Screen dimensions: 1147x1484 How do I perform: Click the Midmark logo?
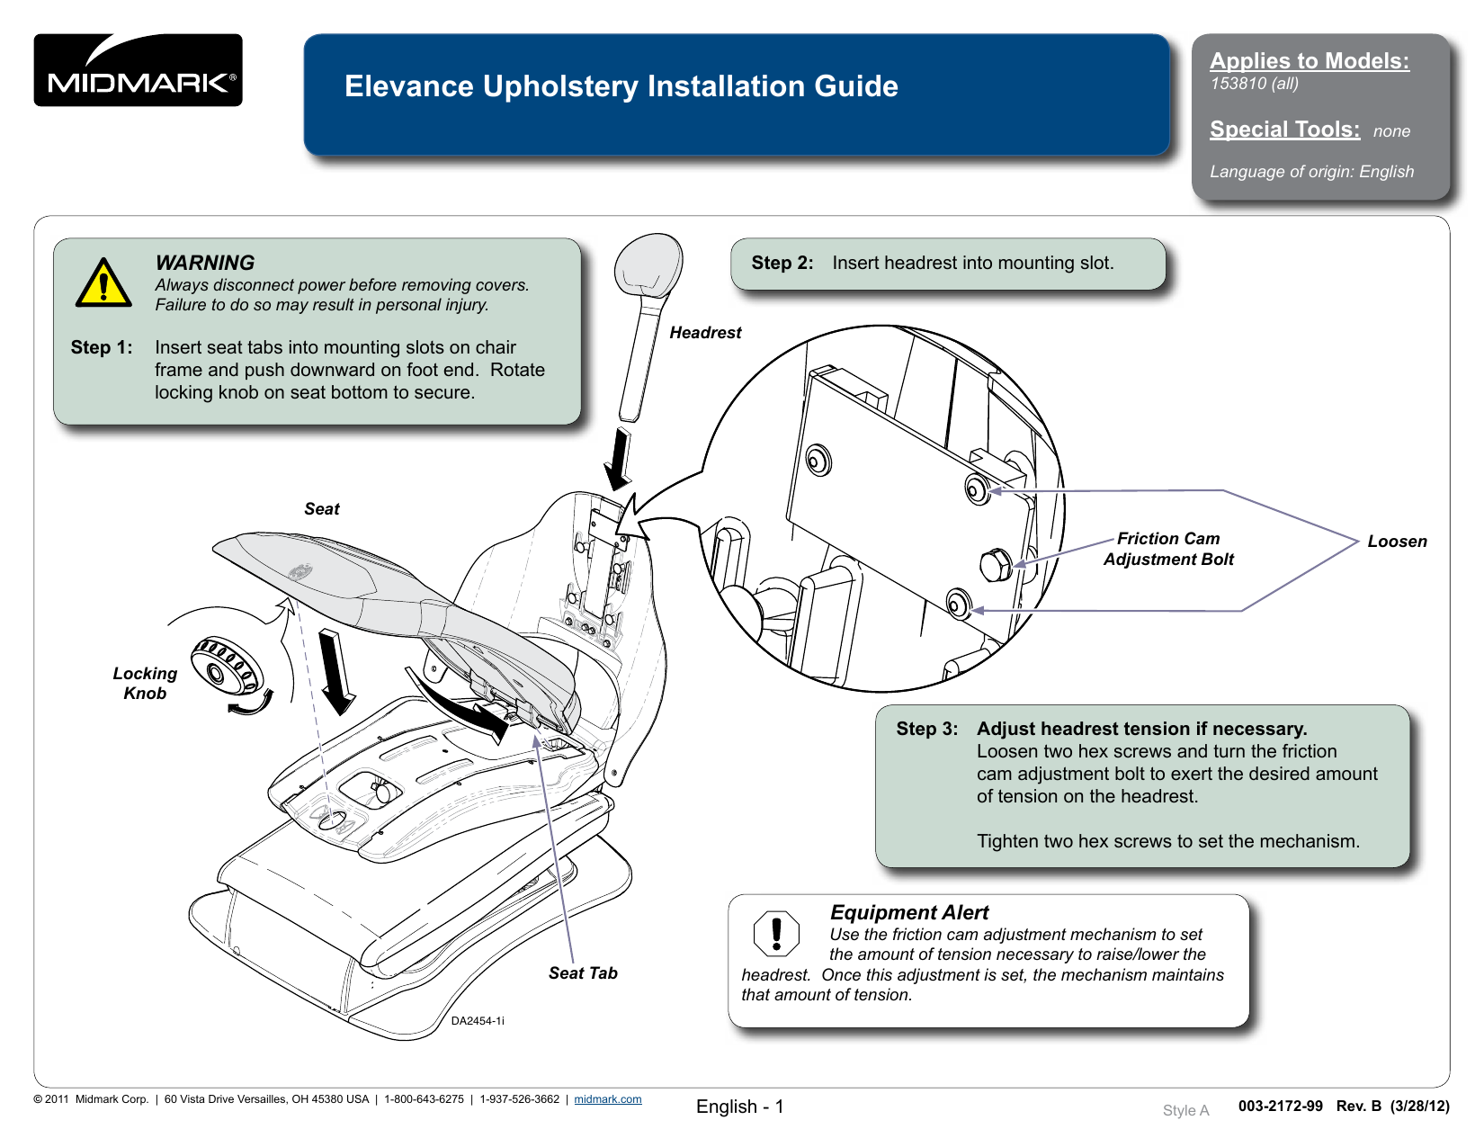138,70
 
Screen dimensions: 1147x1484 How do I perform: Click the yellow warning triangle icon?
103,283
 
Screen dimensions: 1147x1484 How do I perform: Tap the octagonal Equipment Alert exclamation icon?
776,933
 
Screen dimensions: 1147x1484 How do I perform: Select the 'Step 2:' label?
782,263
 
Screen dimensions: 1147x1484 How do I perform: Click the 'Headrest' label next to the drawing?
705,333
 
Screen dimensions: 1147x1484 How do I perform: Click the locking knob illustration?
227,666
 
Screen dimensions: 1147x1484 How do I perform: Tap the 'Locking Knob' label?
145,684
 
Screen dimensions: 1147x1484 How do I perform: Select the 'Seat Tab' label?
583,973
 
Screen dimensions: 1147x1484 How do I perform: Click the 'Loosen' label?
1397,542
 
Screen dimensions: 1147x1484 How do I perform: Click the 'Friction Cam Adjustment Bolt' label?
1168,549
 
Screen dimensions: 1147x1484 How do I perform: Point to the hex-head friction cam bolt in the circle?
996,566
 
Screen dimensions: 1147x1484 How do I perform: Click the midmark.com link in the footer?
608,1099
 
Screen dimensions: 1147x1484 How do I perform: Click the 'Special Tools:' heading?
1284,130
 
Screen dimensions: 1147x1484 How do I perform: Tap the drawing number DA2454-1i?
478,1021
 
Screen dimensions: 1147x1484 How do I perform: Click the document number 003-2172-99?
1280,1106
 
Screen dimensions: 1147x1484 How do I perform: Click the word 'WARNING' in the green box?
205,263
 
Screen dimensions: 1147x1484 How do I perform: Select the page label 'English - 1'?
739,1107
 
